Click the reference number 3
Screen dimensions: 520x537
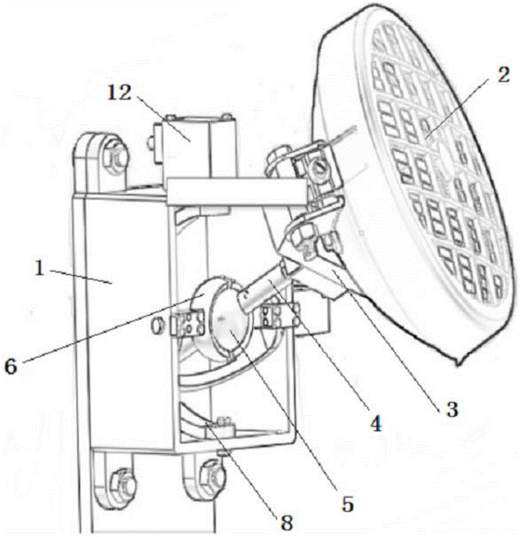point(451,409)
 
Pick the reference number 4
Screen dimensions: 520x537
point(375,424)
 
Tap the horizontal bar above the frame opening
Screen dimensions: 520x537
point(236,192)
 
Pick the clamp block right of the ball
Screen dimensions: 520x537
point(274,316)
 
